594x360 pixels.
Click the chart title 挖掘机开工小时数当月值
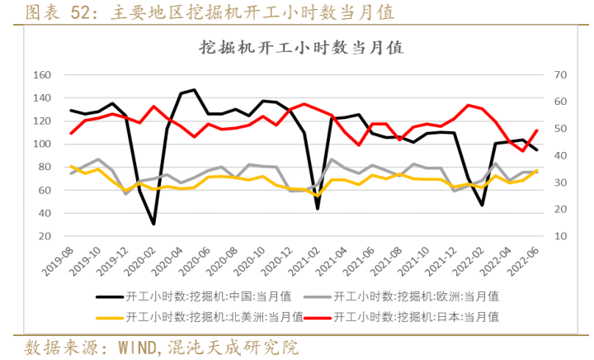[301, 48]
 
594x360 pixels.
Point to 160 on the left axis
[41, 75]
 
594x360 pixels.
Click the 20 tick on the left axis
[45, 236]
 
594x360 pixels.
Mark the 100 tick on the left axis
[41, 144]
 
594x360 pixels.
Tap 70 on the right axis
[561, 75]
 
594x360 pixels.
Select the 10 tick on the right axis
[561, 236]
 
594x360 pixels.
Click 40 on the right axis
[561, 155]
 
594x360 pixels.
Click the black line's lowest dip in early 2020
[153, 224]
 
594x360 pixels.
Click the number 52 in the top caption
[81, 12]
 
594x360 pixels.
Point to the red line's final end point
[537, 130]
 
